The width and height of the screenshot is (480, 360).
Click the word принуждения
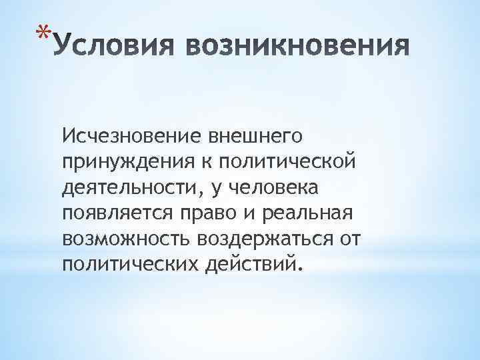click(117, 162)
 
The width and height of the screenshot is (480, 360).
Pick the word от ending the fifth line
click(344, 240)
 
